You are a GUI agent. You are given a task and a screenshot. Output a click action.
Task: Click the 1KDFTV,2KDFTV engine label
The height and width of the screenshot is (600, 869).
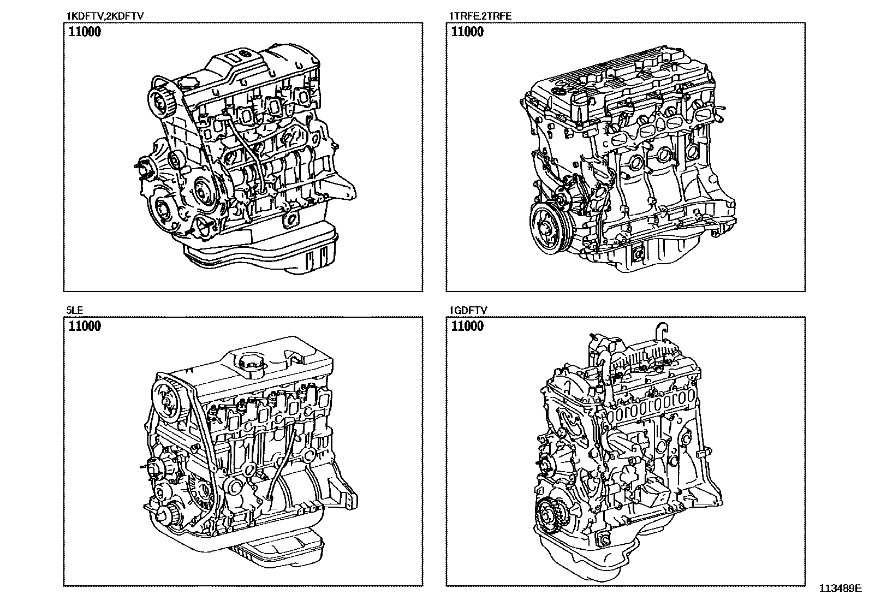pos(105,16)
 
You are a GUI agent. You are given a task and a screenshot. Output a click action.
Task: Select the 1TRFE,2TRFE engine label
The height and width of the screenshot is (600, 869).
pos(480,16)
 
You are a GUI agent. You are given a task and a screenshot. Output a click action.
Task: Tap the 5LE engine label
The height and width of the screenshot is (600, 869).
pos(74,310)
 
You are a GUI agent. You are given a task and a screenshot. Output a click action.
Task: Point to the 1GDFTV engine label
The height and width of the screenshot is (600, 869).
pos(468,310)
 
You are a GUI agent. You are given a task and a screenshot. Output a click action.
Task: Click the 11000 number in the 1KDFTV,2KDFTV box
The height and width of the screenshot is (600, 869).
pos(85,32)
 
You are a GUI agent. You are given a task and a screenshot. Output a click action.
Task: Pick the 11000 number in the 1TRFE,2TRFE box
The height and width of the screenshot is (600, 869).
pos(467,32)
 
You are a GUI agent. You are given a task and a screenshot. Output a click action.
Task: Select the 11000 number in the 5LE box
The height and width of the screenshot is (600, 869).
pos(85,326)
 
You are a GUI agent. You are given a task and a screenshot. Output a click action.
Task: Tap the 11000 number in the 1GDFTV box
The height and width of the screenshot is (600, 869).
pos(467,326)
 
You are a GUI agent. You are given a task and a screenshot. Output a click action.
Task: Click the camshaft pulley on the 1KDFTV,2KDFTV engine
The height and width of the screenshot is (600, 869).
pos(160,100)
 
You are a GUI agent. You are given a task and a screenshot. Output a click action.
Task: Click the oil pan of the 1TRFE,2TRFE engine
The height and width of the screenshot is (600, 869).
pos(644,252)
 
